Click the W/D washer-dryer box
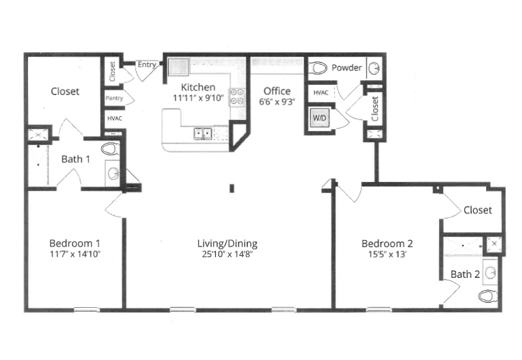point(320,118)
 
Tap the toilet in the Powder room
point(318,68)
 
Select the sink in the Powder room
point(374,68)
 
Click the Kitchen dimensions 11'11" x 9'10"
point(198,98)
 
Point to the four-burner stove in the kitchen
point(237,97)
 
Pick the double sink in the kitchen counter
point(203,134)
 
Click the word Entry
point(147,65)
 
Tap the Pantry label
point(114,98)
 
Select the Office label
point(277,91)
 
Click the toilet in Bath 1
point(110,149)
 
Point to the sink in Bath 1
point(114,173)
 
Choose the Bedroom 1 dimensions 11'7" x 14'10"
point(75,254)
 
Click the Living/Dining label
point(227,244)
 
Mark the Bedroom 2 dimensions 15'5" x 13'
point(387,254)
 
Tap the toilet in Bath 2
point(487,296)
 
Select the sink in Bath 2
point(491,273)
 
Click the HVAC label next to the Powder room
point(321,93)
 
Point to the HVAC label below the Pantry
point(115,119)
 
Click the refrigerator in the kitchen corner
point(179,67)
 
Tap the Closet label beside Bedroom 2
point(478,210)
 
